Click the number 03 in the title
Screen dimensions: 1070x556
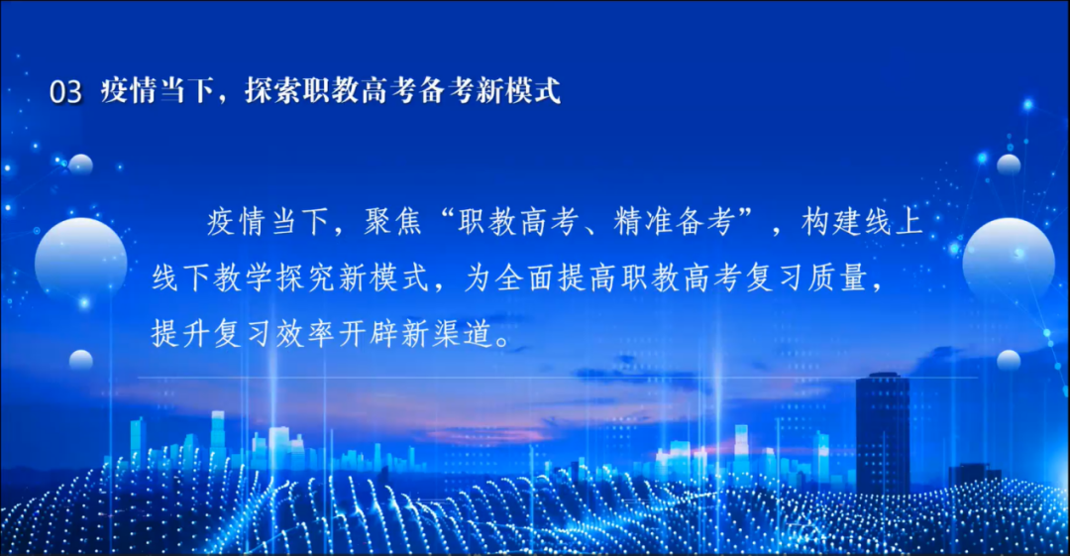click(x=65, y=91)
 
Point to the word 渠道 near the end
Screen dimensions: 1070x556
click(x=463, y=334)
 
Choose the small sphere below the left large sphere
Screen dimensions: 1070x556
click(x=80, y=360)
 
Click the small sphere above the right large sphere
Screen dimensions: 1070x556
click(x=1009, y=166)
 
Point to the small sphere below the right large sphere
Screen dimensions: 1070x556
click(x=1009, y=360)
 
